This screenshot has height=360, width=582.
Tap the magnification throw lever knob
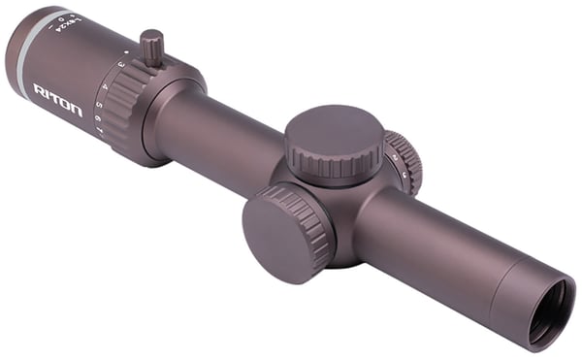[151, 48]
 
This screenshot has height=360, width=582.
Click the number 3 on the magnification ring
[119, 64]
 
